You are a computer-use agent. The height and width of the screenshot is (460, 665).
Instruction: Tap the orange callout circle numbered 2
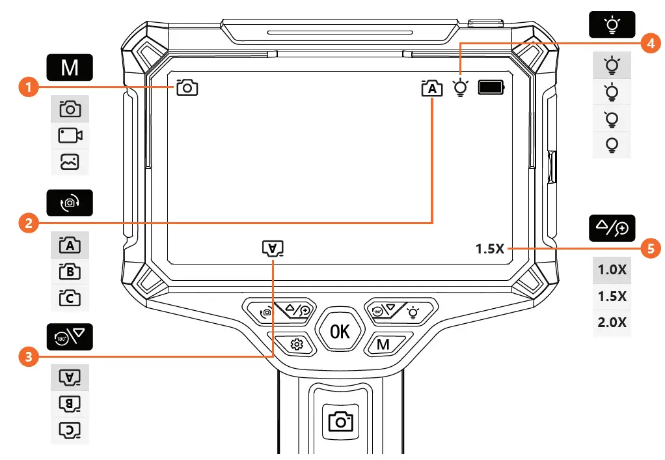(27, 223)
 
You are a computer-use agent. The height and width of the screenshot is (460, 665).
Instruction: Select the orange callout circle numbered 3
(27, 356)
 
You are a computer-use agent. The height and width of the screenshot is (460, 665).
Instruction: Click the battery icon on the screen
(491, 88)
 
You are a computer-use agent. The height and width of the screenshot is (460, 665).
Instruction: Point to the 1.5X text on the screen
(490, 249)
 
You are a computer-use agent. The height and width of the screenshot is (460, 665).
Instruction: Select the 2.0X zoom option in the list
(612, 322)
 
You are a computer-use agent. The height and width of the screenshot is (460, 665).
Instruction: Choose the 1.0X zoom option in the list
(612, 270)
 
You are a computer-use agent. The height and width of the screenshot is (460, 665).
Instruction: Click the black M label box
(70, 68)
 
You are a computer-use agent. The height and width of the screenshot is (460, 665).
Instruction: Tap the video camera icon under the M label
(70, 136)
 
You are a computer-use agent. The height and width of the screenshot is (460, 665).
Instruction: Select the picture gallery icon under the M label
(70, 162)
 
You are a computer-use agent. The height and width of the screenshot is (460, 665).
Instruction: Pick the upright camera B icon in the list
(70, 272)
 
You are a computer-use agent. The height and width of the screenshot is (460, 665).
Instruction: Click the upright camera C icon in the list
(70, 298)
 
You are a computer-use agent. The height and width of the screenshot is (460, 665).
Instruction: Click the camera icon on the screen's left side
(187, 87)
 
